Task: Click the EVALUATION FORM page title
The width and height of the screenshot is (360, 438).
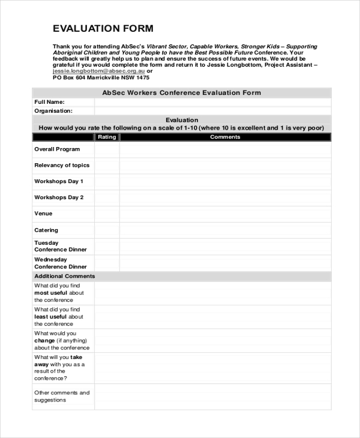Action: click(103, 28)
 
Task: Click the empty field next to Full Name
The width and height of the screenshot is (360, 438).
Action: click(212, 102)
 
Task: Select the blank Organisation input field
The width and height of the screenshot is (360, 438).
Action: click(212, 111)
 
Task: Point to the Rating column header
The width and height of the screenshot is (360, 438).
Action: click(107, 137)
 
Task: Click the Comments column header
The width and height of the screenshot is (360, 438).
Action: click(225, 137)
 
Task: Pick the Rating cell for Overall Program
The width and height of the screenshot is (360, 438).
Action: click(107, 149)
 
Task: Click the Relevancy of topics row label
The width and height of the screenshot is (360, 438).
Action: click(62, 166)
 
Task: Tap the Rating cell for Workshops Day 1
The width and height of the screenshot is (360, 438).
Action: click(107, 182)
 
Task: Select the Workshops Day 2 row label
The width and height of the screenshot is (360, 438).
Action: click(59, 197)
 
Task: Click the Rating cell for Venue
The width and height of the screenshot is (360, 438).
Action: click(107, 214)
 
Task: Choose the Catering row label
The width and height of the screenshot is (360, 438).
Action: click(46, 230)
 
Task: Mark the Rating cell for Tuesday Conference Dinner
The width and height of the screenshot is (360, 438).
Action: click(107, 246)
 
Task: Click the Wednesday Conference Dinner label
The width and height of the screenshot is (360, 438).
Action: click(61, 263)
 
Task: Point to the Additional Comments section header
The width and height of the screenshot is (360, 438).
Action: click(64, 277)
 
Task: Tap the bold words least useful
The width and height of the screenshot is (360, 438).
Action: click(50, 317)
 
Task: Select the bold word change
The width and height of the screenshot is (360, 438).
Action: click(44, 341)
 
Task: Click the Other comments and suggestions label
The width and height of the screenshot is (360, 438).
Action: click(62, 397)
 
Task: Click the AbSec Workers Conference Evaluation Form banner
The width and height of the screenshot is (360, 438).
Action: click(181, 93)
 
